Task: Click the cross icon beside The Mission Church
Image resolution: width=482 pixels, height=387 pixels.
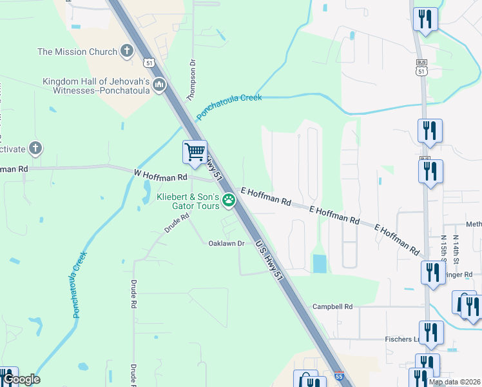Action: coord(126,51)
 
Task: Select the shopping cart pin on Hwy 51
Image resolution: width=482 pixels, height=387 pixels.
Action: coord(195,152)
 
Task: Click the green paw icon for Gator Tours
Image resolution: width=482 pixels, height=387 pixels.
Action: coord(228,201)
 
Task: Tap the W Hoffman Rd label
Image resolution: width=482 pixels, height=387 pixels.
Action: coord(160,175)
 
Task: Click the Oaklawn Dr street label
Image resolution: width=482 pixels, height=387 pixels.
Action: coord(226,244)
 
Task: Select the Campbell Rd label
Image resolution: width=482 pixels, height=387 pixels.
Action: coord(333,307)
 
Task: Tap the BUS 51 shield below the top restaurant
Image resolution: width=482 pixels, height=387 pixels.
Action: coord(421,67)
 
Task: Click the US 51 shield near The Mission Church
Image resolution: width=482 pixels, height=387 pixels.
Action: coord(149,63)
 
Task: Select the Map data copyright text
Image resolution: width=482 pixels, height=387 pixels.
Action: coord(454,382)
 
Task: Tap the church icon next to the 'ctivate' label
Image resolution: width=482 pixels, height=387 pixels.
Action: coord(35,149)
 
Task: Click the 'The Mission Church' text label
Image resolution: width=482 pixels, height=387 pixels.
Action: coord(77,52)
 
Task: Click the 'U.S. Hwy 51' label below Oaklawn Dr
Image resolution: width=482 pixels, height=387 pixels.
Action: coord(269,261)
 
